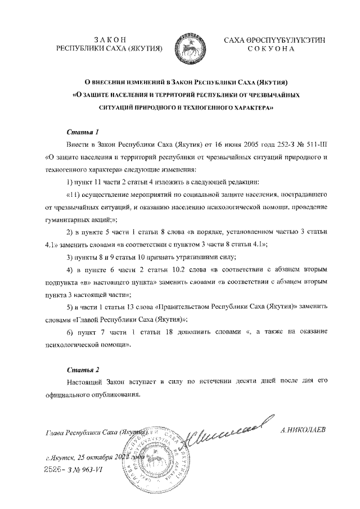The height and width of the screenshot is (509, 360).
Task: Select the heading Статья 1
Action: click(83, 133)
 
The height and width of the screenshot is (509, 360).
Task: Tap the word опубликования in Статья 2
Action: click(110, 394)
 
